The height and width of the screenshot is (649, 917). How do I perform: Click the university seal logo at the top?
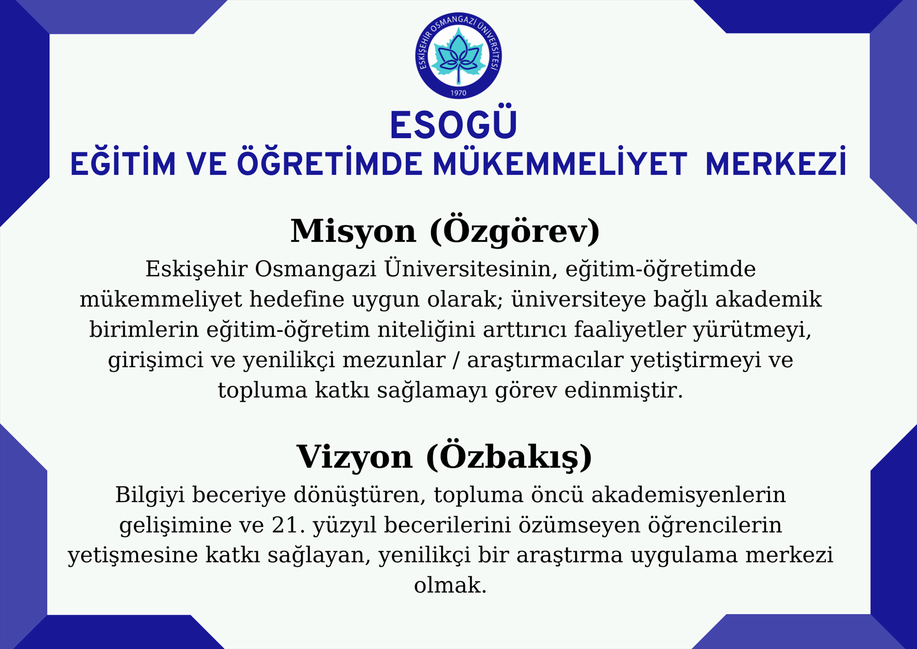[458, 55]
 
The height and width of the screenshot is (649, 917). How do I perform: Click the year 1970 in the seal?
[458, 93]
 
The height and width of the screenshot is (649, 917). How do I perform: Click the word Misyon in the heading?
[353, 231]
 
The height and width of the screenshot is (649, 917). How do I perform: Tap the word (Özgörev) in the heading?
[515, 231]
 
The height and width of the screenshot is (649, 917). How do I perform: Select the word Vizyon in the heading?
[354, 457]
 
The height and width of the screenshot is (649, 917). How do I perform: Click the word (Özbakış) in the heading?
[509, 457]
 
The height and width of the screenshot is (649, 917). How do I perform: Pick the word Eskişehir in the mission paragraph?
[196, 269]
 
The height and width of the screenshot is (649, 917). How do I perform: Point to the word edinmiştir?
[624, 391]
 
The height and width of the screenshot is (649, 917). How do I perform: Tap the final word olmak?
[450, 585]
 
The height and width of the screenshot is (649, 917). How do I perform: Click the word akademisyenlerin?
[688, 495]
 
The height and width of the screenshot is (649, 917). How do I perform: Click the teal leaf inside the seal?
[458, 55]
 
